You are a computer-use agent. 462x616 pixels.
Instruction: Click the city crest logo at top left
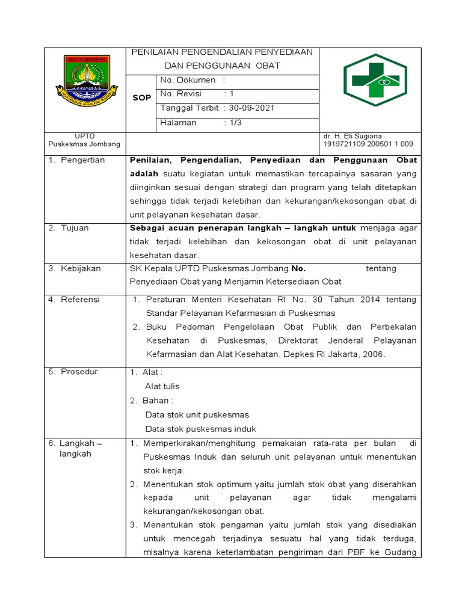coord(84,79)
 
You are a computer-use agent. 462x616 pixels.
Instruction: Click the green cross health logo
coord(374,80)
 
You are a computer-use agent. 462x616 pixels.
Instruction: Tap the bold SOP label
coord(142,97)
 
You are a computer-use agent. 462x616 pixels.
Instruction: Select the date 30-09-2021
coord(252,108)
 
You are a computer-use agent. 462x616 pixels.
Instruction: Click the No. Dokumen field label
coord(188,79)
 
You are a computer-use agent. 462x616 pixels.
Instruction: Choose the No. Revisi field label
coord(184,94)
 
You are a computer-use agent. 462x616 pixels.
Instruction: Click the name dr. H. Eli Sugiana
coord(353,137)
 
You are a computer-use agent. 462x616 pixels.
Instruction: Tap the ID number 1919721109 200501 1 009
coord(368,144)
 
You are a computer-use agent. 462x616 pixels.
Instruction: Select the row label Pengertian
coord(82,160)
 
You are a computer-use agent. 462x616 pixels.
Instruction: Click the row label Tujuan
coord(75,228)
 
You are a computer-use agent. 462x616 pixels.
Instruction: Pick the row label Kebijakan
coord(81,268)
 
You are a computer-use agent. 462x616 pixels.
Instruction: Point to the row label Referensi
coord(81,300)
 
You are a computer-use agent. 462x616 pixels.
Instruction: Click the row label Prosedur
coord(79,372)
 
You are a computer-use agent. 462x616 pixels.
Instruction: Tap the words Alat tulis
coord(162,386)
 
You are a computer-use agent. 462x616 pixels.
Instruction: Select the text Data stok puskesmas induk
coord(200,429)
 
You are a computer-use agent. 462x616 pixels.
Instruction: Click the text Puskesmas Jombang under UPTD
coord(84,144)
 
